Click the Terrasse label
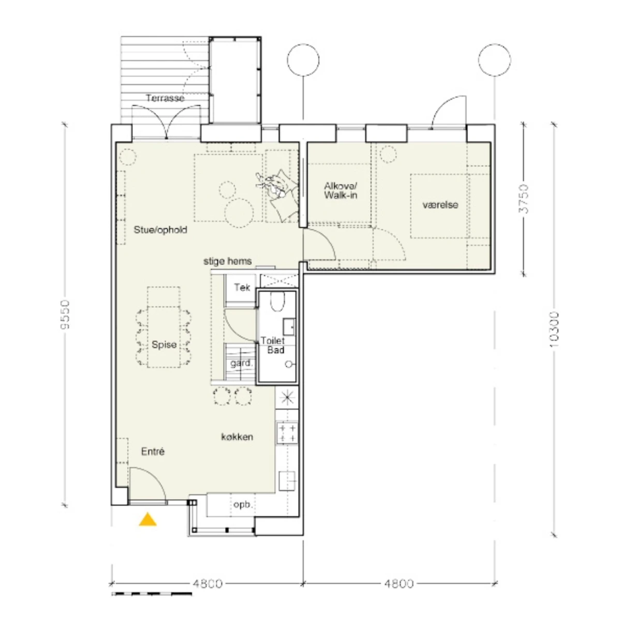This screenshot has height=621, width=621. [165, 98]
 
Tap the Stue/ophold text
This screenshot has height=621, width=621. [160, 230]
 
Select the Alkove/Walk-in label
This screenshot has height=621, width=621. [341, 190]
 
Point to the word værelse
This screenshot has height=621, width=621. [440, 204]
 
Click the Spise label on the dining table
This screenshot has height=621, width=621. [164, 345]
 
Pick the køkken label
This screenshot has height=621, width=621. [237, 437]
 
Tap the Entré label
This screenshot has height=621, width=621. [153, 451]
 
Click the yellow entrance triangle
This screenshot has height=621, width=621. [147, 519]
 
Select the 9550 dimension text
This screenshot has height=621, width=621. [65, 315]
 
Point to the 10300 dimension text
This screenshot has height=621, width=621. [554, 330]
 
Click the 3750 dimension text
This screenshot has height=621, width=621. [524, 199]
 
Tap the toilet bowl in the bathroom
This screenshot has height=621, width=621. [277, 302]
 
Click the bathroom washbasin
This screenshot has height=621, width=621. [289, 327]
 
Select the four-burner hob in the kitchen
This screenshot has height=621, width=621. [287, 433]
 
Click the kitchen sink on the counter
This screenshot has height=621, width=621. [287, 481]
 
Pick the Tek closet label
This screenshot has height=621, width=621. [242, 287]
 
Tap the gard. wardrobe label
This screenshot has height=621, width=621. [241, 363]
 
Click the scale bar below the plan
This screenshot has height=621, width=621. [152, 594]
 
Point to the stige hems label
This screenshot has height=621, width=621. [228, 261]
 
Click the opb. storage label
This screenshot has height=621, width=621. [243, 505]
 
